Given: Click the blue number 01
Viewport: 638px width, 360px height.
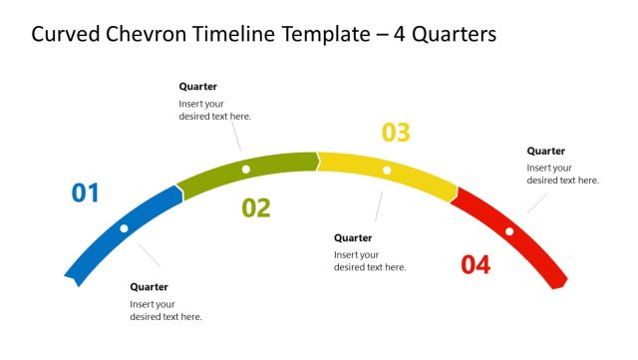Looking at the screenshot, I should coord(86,192).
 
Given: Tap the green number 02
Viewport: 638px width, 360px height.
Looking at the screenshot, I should coord(256,207).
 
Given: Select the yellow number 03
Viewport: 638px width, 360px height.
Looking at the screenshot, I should coord(396,133).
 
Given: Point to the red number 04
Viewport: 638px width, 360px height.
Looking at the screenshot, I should coord(476,265).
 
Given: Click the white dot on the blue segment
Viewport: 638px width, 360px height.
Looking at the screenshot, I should coord(124,228).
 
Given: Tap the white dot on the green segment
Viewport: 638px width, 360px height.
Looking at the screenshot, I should coord(246,169).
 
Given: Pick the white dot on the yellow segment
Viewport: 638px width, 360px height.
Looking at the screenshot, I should coord(387,172).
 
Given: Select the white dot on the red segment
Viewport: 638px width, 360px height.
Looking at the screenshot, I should coord(509,231).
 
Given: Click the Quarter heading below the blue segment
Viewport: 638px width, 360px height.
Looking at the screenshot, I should coord(149,287).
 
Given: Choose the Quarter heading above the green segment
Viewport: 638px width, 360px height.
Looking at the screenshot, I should coord(197,87).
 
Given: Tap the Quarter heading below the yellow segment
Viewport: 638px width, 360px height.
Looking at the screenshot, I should coord(353,237).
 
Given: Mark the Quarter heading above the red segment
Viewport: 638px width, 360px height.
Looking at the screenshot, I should coord(546,151).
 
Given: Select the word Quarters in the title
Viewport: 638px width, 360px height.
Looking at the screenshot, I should coord(453,35).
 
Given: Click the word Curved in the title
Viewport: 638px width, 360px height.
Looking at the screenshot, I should coord(64,35).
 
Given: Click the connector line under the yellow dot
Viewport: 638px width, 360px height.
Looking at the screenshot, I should coord(379,204).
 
